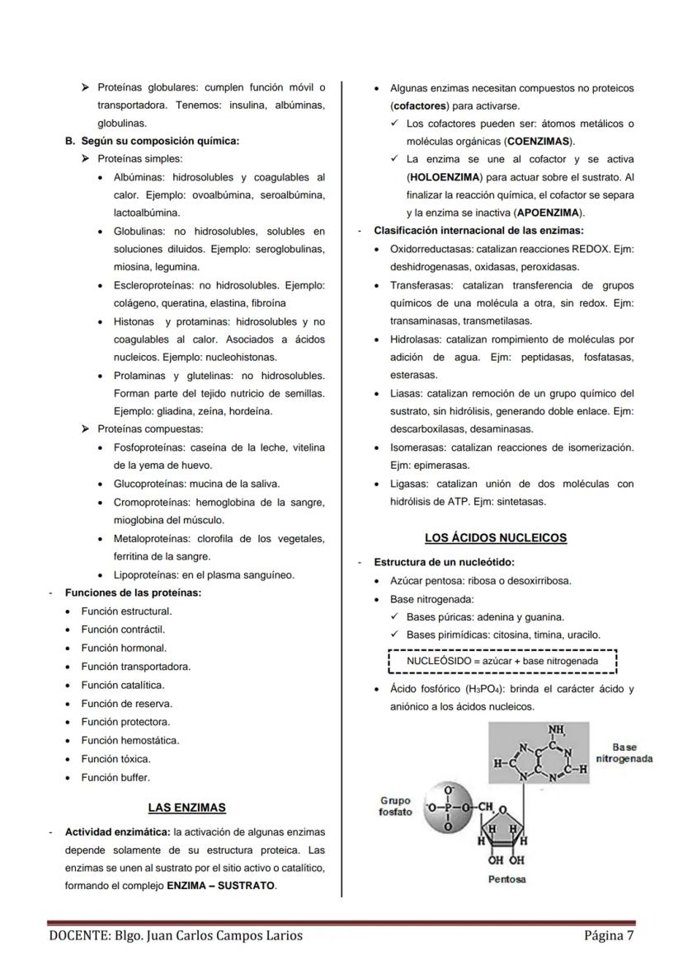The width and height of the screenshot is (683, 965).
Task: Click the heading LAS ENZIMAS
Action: tap(186, 808)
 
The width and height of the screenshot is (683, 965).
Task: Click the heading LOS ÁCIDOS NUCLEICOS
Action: tap(496, 538)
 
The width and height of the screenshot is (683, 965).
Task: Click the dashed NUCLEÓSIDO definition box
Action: tap(502, 661)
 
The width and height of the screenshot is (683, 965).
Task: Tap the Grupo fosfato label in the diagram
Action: tap(395, 806)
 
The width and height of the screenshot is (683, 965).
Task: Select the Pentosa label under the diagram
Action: tap(506, 879)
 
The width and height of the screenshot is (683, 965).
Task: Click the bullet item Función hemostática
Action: tap(130, 740)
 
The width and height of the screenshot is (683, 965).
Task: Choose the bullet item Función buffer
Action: tap(115, 777)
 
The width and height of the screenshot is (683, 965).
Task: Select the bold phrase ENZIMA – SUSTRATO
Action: tap(221, 886)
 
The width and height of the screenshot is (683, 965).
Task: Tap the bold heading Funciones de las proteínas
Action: tap(133, 593)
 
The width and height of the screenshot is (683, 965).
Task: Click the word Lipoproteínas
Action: tap(145, 574)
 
